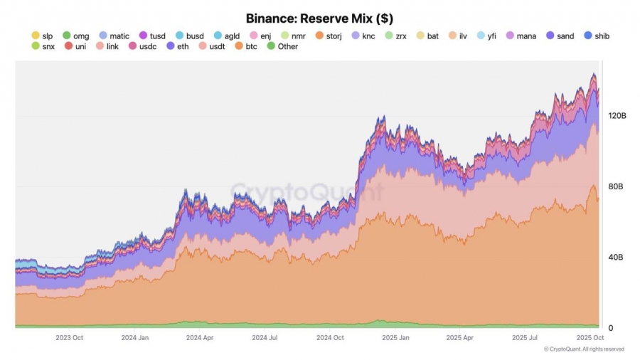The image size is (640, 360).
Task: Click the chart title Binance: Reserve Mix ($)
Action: coord(319,18)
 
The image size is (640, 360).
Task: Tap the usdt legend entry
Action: coord(211,47)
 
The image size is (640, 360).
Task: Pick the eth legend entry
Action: coord(178,47)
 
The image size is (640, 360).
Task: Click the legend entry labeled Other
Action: coord(282,47)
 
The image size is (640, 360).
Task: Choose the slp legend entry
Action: coord(43,36)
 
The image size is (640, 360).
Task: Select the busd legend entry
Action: coord(189,36)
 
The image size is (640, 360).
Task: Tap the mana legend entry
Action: coord(521,36)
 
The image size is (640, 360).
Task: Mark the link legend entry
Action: coord(107,47)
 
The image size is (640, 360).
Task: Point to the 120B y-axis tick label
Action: coord(616,115)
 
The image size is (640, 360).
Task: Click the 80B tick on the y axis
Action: coord(616,186)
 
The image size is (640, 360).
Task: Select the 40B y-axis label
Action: coord(616,257)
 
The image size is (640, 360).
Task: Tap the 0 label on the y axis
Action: coord(611,328)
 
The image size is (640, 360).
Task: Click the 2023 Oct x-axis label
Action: coord(69,338)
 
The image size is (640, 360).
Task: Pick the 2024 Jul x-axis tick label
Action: coord(264,338)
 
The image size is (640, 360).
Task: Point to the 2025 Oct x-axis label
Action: coord(590,338)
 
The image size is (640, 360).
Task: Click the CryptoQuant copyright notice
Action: coord(584,349)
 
